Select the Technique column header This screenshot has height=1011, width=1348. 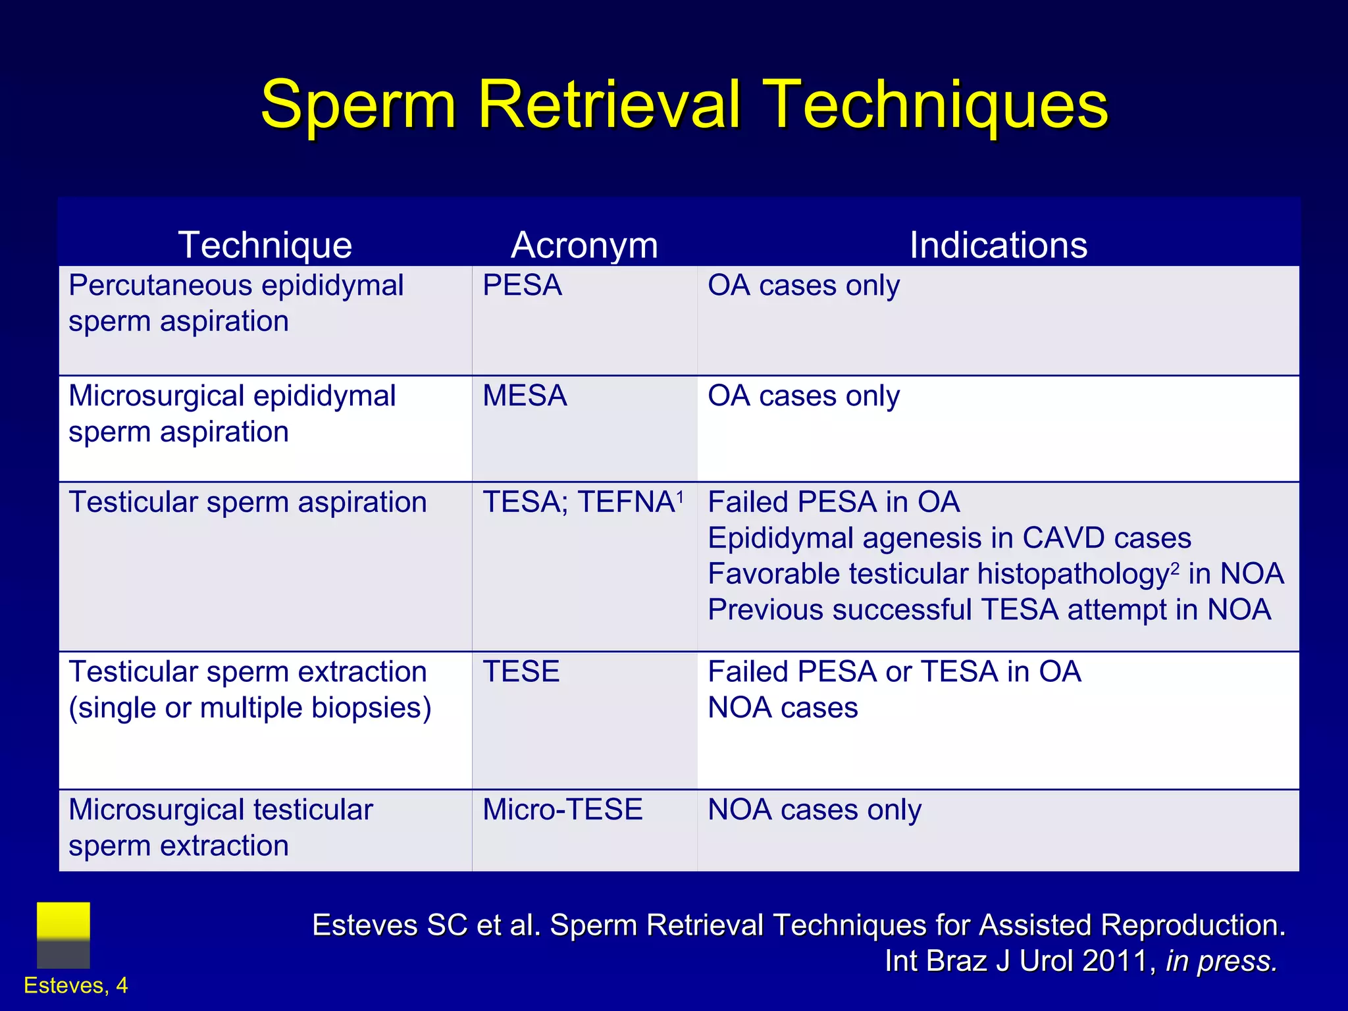tap(265, 245)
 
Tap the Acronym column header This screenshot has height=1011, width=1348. tap(584, 245)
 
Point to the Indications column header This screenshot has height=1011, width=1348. tap(998, 245)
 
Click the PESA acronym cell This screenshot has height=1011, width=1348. tap(522, 286)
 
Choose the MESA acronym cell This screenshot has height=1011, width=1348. tap(525, 396)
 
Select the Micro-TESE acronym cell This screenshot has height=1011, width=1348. tap(562, 810)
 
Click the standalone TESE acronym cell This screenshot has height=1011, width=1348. tap(521, 672)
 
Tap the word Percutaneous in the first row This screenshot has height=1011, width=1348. tap(160, 286)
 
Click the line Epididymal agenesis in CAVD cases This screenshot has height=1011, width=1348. tap(949, 538)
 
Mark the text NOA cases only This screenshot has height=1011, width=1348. tap(814, 810)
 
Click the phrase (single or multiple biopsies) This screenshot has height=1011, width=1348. tap(250, 708)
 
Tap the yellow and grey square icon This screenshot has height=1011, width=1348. tap(63, 935)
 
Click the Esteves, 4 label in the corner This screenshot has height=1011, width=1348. tap(76, 985)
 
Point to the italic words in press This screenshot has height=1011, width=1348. tap(1221, 961)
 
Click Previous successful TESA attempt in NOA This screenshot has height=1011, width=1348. tap(989, 610)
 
